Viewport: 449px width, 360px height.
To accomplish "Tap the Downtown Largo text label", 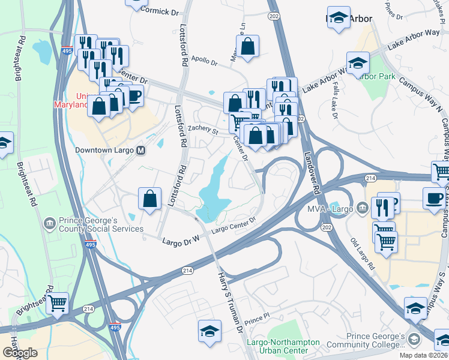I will click(105, 151).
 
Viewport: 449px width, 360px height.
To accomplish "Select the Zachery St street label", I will click(202, 128).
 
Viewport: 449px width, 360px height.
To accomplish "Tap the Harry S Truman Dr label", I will click(229, 300).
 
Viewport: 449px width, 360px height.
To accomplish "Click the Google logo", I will click(20, 353).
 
